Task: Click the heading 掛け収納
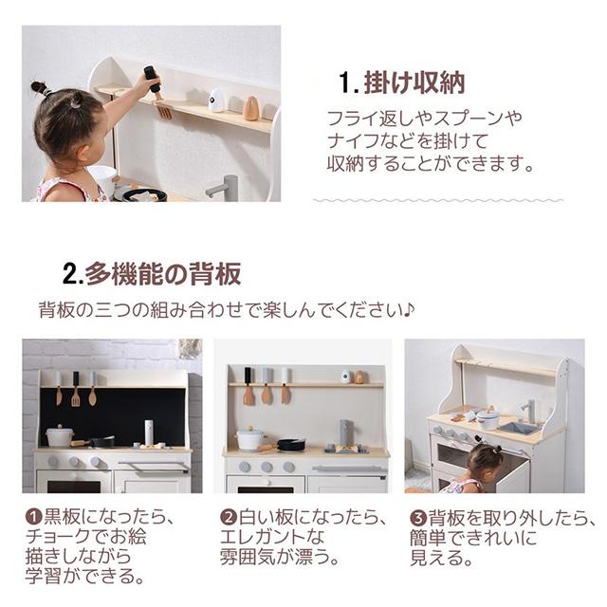414,83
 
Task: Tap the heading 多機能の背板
163,274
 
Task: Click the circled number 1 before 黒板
33,516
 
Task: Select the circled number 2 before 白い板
228,517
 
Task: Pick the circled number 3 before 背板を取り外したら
417,518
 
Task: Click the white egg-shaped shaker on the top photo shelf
216,100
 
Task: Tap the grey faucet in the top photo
223,188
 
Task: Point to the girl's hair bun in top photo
40,88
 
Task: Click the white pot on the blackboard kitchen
59,435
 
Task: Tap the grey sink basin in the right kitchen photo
516,428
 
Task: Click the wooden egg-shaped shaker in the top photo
250,108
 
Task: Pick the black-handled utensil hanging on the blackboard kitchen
76,389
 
